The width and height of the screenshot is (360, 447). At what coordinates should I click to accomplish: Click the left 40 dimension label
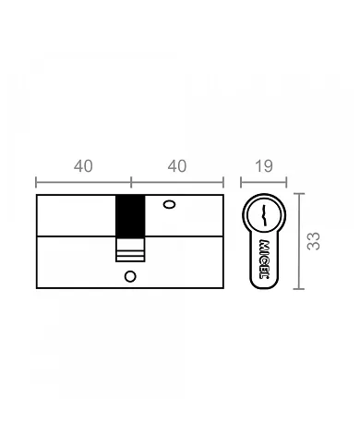point(83,166)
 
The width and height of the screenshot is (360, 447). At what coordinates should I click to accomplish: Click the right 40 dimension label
point(177,166)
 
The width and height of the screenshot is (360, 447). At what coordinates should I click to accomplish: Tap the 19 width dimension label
point(262,166)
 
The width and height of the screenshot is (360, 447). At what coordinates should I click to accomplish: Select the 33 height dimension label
point(314,241)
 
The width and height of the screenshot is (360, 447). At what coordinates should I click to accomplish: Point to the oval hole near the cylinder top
point(168,205)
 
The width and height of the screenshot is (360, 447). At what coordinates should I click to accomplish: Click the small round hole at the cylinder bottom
point(130,275)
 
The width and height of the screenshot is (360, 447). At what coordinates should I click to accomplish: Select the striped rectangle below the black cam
point(130,249)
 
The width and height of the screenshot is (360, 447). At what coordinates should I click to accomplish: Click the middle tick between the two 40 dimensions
point(130,182)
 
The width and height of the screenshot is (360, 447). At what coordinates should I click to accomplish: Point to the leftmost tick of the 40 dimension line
point(36,182)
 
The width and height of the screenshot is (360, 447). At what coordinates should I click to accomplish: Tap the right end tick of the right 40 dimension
point(224,182)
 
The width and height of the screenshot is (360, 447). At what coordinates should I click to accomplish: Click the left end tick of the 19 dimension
point(241,182)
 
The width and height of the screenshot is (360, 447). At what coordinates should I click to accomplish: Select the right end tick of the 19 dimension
point(286,182)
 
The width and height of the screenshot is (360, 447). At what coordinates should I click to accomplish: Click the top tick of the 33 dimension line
point(298,194)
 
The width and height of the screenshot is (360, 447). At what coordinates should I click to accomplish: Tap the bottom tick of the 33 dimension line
point(298,288)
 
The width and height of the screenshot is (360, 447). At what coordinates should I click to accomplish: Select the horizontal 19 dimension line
point(263,182)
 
